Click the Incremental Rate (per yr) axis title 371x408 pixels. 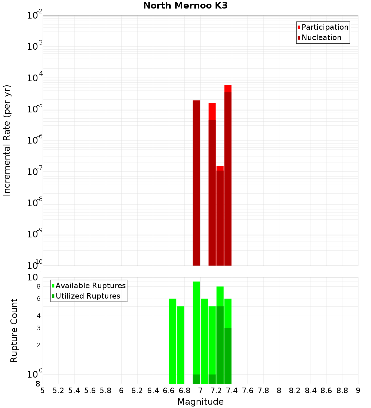[x=7, y=141]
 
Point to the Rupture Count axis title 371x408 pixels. [x=14, y=330]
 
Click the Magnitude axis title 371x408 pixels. [x=200, y=402]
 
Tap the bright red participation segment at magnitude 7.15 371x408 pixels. [x=212, y=111]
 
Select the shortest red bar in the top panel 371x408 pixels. [x=220, y=168]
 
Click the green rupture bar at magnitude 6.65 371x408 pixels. [x=173, y=341]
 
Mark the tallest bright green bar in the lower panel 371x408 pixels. [x=196, y=326]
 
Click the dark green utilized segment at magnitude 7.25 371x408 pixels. [x=220, y=345]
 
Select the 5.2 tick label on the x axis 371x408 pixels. [x=58, y=391]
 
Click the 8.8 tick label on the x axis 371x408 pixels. [x=342, y=391]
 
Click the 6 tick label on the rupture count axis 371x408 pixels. [x=38, y=299]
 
